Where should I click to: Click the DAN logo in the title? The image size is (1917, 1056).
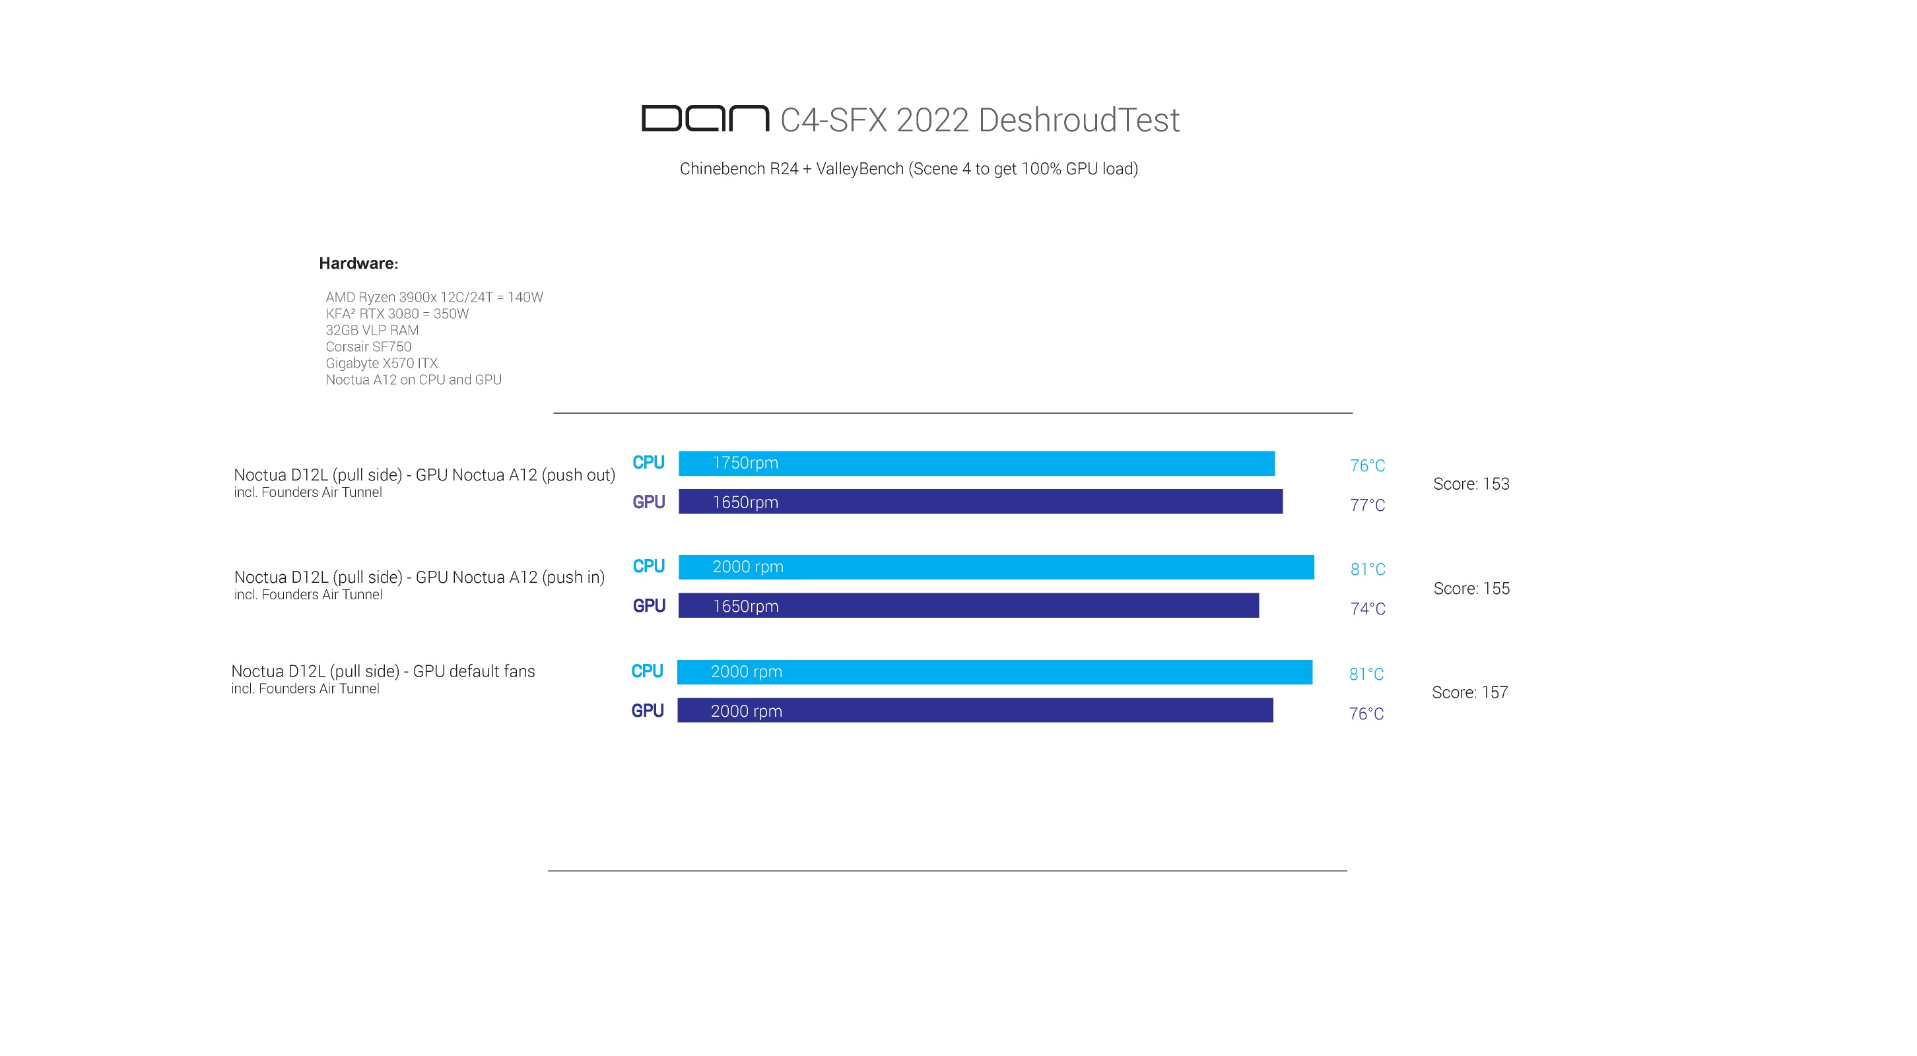point(705,118)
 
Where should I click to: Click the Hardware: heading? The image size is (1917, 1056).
point(358,263)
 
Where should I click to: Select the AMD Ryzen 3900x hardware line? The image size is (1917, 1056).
point(434,297)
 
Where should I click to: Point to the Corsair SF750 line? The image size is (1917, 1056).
point(368,346)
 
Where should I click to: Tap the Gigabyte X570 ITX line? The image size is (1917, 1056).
point(381,363)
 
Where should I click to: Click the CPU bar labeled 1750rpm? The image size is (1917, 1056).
point(976,463)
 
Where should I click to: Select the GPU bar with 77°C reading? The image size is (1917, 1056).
point(980,502)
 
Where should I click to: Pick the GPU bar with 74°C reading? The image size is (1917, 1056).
point(968,606)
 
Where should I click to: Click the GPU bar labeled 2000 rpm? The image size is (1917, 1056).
point(975,711)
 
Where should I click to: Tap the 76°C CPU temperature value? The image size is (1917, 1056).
point(1367,466)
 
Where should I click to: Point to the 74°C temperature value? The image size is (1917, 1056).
point(1367,609)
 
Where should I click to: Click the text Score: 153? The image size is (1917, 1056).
point(1471,484)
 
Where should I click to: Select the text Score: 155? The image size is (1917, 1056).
point(1471,589)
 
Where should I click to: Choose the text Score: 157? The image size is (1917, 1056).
point(1469,693)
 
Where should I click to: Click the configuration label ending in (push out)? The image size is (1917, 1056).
point(424,475)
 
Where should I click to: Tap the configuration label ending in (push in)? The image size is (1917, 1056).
point(419,577)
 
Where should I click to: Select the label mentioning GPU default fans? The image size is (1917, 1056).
point(382,671)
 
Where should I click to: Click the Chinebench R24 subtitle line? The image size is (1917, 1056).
point(908,169)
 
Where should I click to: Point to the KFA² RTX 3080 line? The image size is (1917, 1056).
point(397,314)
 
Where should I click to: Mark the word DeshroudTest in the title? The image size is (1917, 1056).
point(1079,121)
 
